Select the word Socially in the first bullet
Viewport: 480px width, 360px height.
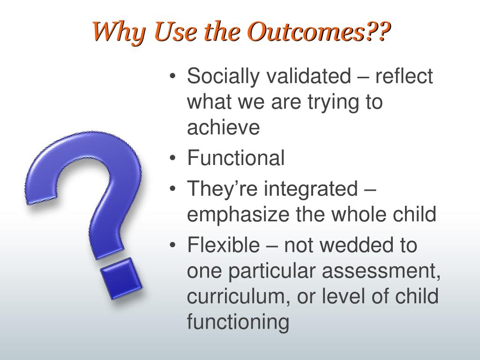(223, 76)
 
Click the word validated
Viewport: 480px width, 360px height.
(308, 75)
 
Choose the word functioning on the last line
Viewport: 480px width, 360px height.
(238, 322)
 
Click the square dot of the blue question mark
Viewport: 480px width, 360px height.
(121, 278)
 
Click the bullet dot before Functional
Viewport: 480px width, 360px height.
(173, 158)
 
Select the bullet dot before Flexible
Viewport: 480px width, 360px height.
(173, 245)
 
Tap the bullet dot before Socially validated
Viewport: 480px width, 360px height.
(173, 76)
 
